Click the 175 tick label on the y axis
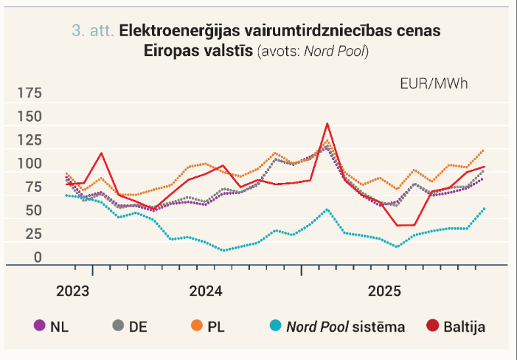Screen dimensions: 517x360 coord(30,93)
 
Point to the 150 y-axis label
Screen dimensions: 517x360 coord(30,117)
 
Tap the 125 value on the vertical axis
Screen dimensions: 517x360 coord(30,140)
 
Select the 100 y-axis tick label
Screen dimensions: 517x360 coord(30,164)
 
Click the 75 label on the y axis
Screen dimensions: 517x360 coord(34,187)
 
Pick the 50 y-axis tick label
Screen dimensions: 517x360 coord(34,210)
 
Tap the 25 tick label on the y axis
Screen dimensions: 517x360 coord(34,234)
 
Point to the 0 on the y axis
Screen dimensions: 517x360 coord(38,257)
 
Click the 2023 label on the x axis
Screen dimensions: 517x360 coord(72,291)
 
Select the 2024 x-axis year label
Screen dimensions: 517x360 coord(206,291)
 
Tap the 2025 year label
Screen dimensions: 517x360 coord(384,291)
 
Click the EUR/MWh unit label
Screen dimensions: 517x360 coord(434,84)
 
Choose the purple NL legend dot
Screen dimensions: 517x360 coord(40,325)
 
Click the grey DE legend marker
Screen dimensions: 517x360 coord(118,325)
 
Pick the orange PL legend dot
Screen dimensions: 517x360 coord(197,325)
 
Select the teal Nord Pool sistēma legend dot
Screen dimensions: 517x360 coord(275,325)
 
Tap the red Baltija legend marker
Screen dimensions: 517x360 coord(433,325)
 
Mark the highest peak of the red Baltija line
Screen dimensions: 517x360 coord(327,124)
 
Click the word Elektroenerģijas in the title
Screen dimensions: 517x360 coord(180,31)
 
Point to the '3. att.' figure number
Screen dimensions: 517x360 coord(93,31)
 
